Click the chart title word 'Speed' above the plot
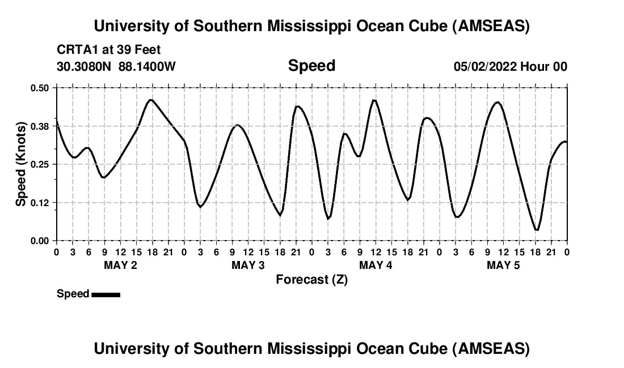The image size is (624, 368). (311, 66)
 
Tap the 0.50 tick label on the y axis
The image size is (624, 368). (40, 88)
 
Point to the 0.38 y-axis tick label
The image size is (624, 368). (40, 126)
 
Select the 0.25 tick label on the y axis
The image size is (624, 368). (40, 164)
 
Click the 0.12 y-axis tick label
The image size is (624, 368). (40, 203)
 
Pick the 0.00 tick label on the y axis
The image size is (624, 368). (40, 241)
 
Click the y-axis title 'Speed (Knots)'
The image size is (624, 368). (21, 164)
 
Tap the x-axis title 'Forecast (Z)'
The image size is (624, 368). (311, 279)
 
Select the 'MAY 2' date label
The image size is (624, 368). (120, 265)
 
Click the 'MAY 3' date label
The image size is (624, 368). (248, 265)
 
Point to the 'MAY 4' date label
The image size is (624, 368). (376, 265)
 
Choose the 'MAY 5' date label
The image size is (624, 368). (503, 265)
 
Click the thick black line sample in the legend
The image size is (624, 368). (106, 294)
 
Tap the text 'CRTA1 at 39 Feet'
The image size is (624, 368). (109, 50)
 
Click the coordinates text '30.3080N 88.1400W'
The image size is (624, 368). (116, 66)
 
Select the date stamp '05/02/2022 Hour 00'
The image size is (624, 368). (510, 66)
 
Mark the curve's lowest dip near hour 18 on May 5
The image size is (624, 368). (537, 230)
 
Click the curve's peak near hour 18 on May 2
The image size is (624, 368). (150, 100)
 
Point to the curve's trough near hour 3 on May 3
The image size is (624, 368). (200, 207)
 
